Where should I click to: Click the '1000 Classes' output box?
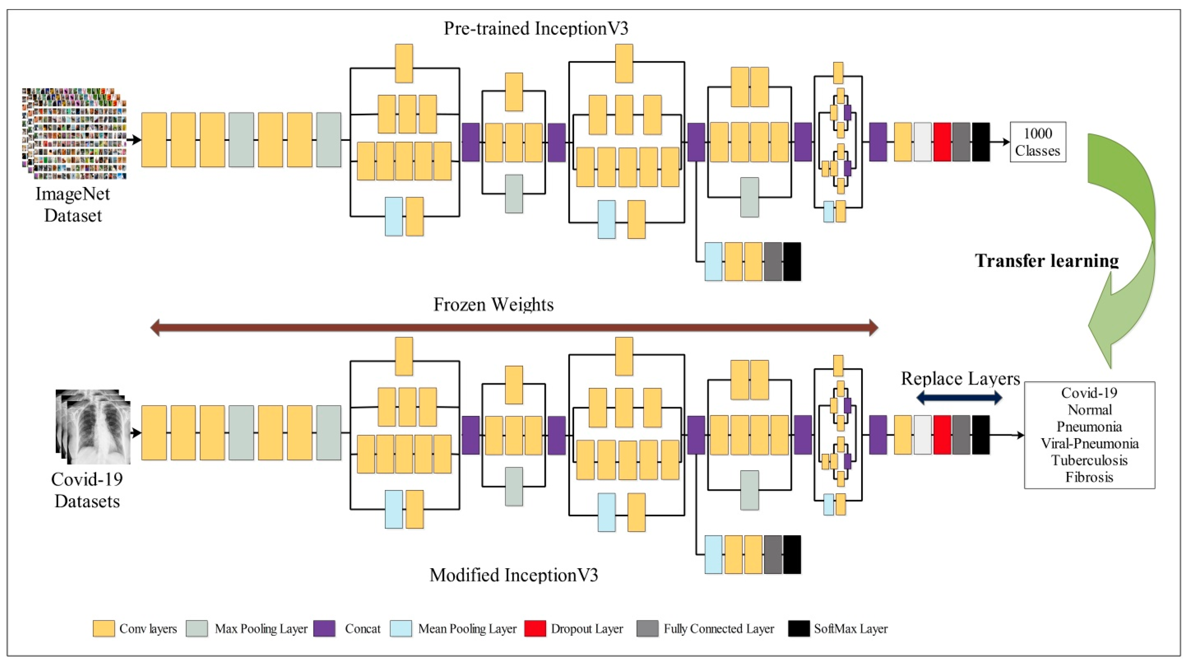pyautogui.click(x=1038, y=142)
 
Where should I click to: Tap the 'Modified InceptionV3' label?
pyautogui.click(x=514, y=575)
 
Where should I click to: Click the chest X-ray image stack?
pyautogui.click(x=94, y=427)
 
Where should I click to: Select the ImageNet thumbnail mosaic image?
pyautogui.click(x=74, y=134)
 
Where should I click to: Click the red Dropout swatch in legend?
pyautogui.click(x=535, y=628)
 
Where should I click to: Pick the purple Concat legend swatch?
pyautogui.click(x=324, y=628)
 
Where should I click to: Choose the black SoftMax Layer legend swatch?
pyautogui.click(x=798, y=628)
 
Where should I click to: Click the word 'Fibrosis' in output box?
pyautogui.click(x=1089, y=477)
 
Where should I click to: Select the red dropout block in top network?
pyautogui.click(x=942, y=142)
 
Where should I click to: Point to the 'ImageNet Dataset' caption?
pyautogui.click(x=73, y=205)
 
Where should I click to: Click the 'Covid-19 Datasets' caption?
pyautogui.click(x=87, y=490)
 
